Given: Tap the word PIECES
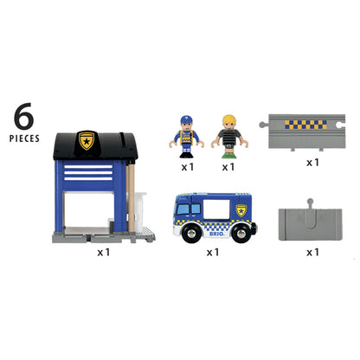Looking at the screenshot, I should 29,138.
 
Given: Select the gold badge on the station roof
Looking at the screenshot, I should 87,140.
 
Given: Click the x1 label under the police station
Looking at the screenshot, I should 104,252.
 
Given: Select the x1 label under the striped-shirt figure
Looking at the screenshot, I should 228,165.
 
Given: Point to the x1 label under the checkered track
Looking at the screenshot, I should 312,161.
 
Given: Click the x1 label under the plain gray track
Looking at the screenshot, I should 312,252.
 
